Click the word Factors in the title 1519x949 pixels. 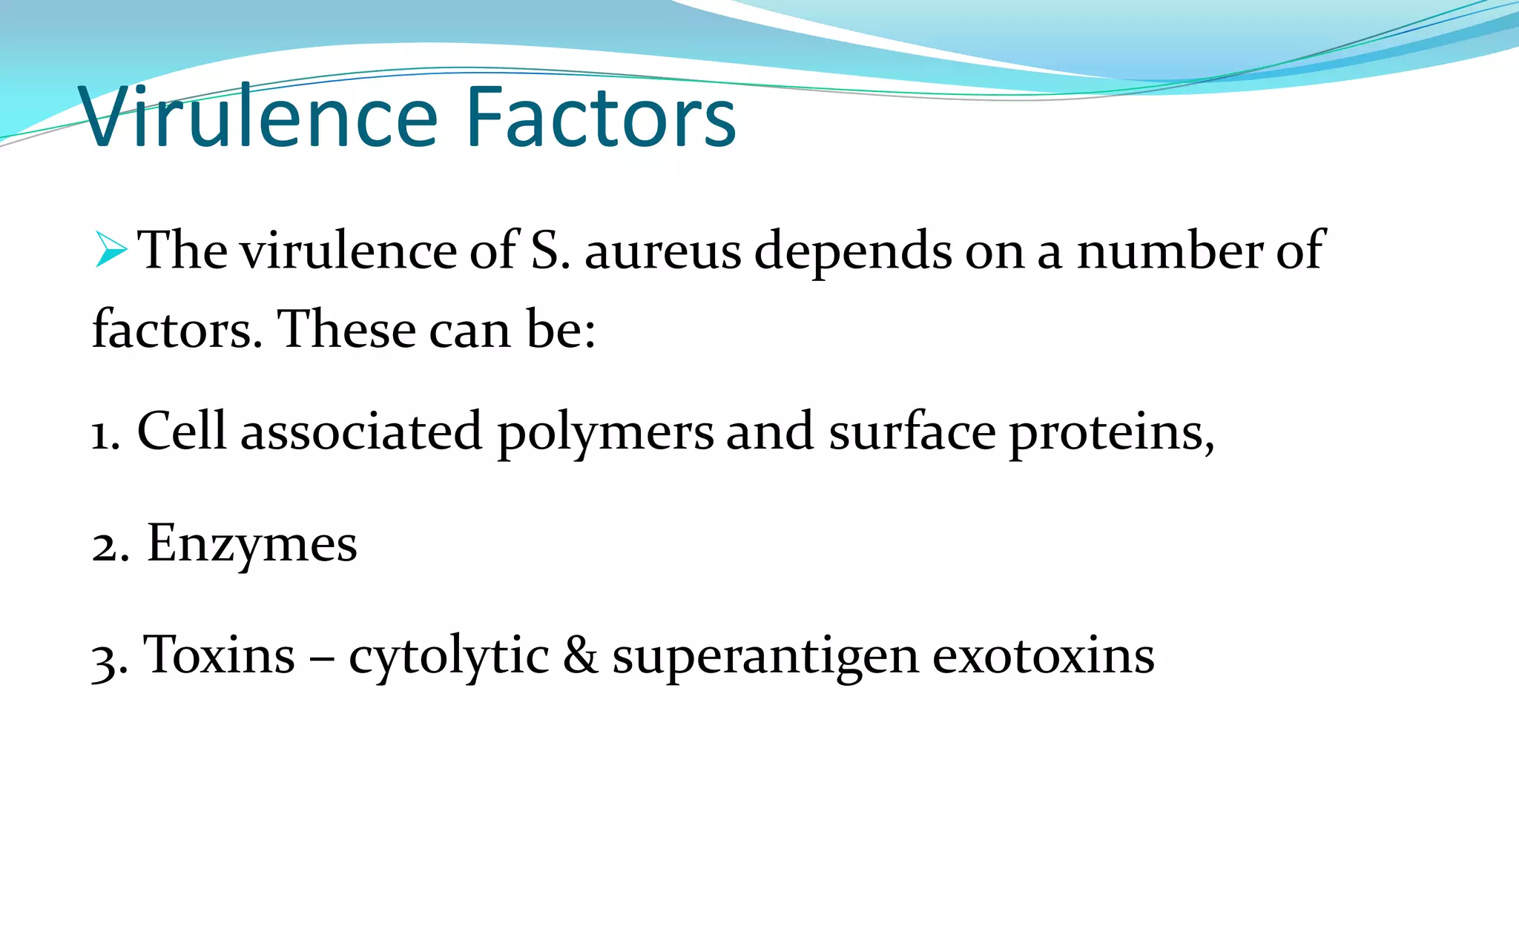coord(601,117)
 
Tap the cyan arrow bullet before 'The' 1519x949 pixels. coord(111,249)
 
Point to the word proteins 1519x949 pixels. coord(1110,433)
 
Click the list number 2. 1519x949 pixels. coord(109,546)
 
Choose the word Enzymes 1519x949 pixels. coord(252,544)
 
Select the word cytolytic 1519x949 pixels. coord(449,657)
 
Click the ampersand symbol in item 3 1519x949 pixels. coord(580,655)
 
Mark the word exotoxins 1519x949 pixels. coord(1043,655)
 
